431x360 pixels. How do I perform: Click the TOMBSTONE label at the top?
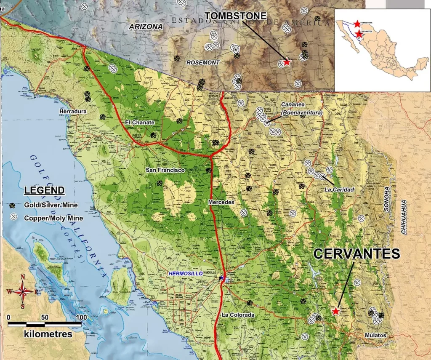tap(235, 16)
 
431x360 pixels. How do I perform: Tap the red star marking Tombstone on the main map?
tap(287, 62)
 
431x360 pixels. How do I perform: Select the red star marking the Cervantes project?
tap(335, 311)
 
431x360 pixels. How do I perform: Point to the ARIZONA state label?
tap(146, 27)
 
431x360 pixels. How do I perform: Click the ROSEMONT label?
tap(203, 62)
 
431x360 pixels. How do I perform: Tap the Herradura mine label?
tap(73, 111)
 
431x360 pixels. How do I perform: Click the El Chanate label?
tap(140, 122)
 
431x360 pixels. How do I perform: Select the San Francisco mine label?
tap(165, 170)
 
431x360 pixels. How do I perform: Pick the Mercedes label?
tap(221, 202)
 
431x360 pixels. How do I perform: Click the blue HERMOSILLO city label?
tap(186, 273)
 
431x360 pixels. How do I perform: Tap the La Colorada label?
tap(238, 315)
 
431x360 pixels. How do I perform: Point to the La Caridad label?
tap(339, 189)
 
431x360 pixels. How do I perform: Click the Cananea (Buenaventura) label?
tap(302, 109)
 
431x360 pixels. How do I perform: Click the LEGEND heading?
tap(45, 190)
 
